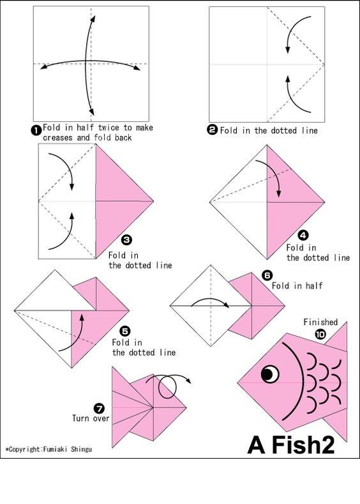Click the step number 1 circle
(36, 130)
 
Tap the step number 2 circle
(213, 130)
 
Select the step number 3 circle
(127, 240)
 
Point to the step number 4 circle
(303, 236)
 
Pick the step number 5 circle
(124, 331)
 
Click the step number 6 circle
(267, 275)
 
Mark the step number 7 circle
(99, 409)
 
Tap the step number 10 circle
(320, 334)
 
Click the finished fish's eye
(270, 374)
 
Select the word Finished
(320, 322)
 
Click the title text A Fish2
(291, 445)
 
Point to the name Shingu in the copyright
(81, 449)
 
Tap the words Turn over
(91, 418)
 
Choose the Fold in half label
(297, 286)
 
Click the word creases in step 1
(57, 138)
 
